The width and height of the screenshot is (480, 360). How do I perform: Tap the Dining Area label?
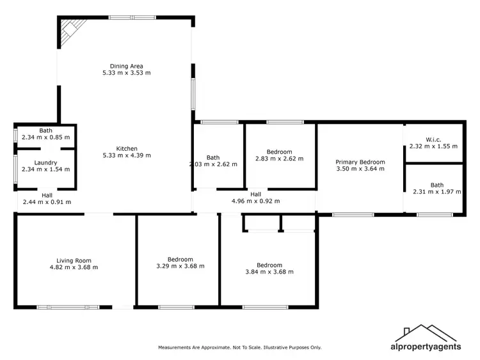(126, 66)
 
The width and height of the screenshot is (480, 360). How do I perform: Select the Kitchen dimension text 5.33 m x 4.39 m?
(126, 155)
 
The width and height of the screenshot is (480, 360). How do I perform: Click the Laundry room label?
(45, 162)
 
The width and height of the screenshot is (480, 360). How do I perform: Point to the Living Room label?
(74, 260)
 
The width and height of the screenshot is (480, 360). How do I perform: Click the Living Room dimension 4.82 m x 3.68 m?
(74, 267)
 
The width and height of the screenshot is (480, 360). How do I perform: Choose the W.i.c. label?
(433, 139)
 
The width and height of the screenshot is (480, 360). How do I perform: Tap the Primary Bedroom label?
(360, 162)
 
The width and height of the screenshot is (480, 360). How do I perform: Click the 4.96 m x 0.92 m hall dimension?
(255, 201)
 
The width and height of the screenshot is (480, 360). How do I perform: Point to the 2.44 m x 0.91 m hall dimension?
(47, 201)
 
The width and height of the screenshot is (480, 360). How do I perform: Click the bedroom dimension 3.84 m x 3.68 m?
(269, 272)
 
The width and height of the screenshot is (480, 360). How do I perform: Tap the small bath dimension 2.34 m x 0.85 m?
(45, 137)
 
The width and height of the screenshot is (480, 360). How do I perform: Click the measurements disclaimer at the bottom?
(240, 347)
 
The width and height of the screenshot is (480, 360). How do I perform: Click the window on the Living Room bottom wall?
(68, 307)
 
